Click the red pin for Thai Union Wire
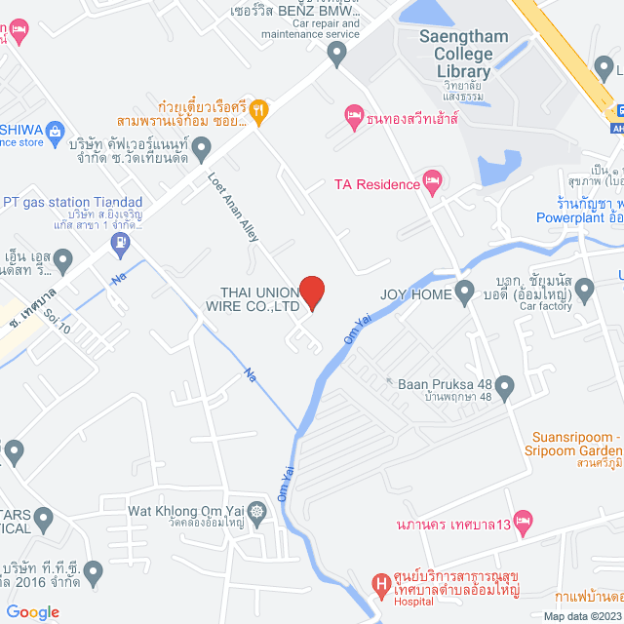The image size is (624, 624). [311, 292]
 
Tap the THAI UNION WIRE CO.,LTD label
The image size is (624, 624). [260, 298]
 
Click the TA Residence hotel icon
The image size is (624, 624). [432, 181]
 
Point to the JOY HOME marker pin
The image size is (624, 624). [465, 292]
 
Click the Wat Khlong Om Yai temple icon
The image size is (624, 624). [256, 511]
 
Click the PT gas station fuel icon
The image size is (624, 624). [120, 246]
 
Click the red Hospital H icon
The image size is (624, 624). [381, 587]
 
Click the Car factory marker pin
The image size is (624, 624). [584, 289]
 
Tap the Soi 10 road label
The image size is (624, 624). [58, 322]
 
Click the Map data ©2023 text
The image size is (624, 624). [581, 615]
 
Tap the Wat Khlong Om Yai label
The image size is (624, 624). [187, 511]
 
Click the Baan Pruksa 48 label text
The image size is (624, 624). [445, 383]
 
